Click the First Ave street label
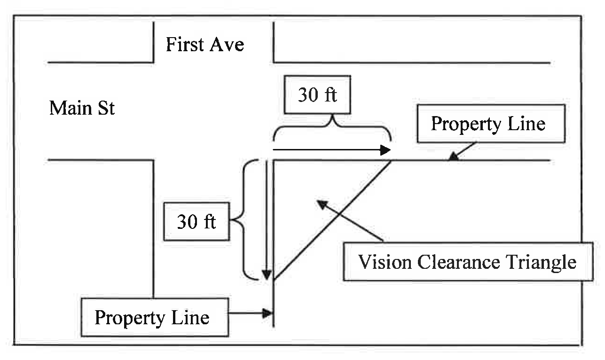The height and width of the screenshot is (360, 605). pyautogui.click(x=205, y=45)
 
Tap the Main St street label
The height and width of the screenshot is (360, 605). pyautogui.click(x=82, y=109)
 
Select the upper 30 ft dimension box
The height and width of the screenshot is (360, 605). pyautogui.click(x=318, y=95)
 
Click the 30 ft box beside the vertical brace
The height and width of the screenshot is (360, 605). pyautogui.click(x=196, y=221)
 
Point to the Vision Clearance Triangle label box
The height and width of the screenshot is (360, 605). pyautogui.click(x=468, y=261)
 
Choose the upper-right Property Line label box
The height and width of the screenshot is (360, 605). pyautogui.click(x=490, y=124)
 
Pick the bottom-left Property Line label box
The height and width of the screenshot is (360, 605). pyautogui.click(x=152, y=317)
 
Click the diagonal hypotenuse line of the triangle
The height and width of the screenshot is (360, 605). pyautogui.click(x=332, y=220)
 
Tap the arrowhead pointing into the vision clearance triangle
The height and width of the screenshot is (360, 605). pyautogui.click(x=321, y=203)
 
